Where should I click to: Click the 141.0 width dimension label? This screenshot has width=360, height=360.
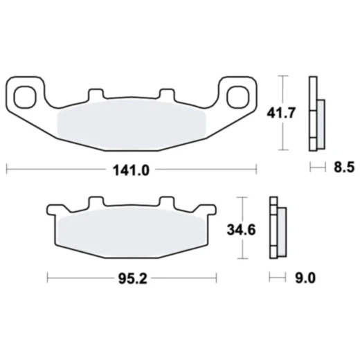pos(131,168)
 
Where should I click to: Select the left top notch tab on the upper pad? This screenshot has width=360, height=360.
pos(96,94)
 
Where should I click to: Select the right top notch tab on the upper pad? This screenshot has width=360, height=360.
pos(166,94)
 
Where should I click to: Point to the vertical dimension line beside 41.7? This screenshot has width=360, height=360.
pos(283,113)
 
